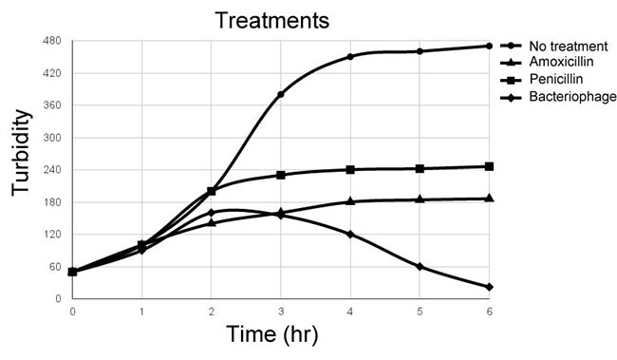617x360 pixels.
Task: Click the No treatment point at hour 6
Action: tap(489, 46)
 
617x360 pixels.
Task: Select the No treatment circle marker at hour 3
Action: tap(281, 94)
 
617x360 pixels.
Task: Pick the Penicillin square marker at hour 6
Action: tap(489, 166)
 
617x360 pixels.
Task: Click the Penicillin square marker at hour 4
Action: tap(350, 170)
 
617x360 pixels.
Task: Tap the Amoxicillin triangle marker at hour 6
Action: tap(489, 199)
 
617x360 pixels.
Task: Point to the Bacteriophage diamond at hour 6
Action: tap(489, 287)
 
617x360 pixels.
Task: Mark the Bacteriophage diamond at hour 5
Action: tap(420, 267)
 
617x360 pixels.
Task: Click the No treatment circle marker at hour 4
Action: tap(350, 57)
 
